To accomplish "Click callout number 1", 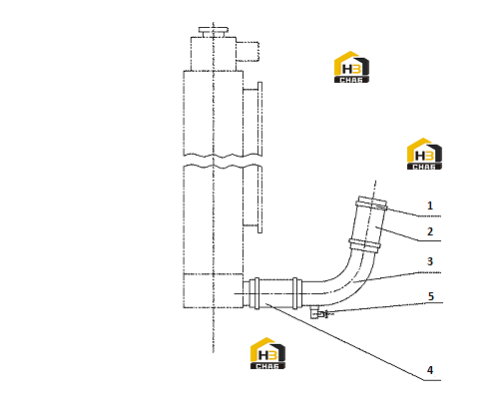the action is coord(430,205).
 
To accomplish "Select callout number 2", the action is coord(430,231).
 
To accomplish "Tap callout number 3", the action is coord(430,261).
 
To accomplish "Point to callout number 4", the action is coord(430,370).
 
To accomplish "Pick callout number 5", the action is coord(431,296).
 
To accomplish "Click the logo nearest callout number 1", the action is coord(424,154).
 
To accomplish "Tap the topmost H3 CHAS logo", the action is coord(351,67).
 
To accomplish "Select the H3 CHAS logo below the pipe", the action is coord(267,353).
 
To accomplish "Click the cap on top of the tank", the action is coord(214,32).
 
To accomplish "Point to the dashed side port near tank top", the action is coord(248,52).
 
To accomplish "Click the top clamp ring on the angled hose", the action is coord(372,203).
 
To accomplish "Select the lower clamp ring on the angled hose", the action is coord(364,245).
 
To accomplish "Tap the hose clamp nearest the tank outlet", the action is coord(256,293).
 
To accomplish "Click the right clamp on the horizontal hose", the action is coord(295,293).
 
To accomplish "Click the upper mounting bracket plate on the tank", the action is coord(252,119).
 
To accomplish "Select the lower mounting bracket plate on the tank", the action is coord(252,199).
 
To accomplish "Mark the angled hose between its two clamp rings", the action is coord(368,223).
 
